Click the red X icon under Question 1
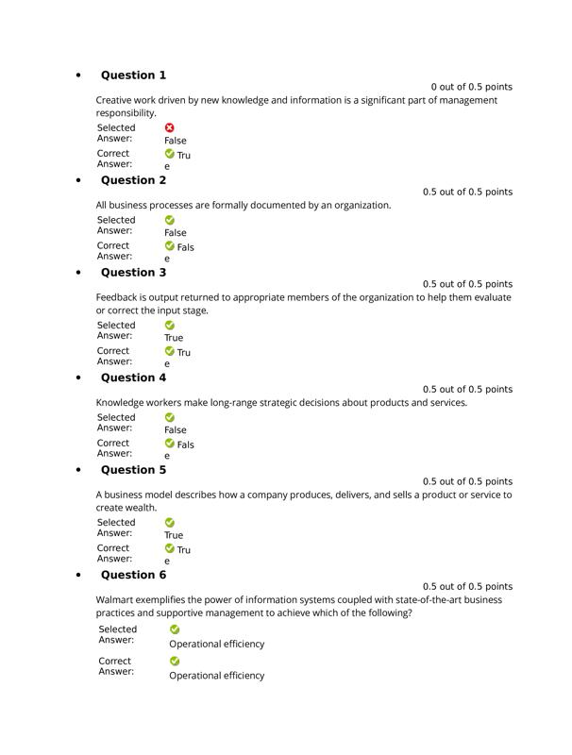point(170,127)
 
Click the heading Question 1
point(133,75)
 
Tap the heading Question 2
point(133,180)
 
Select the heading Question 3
point(133,273)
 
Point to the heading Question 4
point(133,377)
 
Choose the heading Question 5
point(133,470)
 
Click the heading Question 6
point(133,575)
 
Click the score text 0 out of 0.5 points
point(471,87)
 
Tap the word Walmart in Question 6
point(116,599)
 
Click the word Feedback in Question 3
point(118,297)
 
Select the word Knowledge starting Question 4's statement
point(122,402)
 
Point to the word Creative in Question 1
point(116,100)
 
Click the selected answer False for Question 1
point(176,141)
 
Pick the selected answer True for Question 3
point(174,338)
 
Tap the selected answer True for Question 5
point(174,535)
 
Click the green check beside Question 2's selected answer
point(170,220)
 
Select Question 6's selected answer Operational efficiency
point(217,645)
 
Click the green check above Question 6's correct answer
point(175,662)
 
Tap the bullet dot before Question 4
point(78,377)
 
